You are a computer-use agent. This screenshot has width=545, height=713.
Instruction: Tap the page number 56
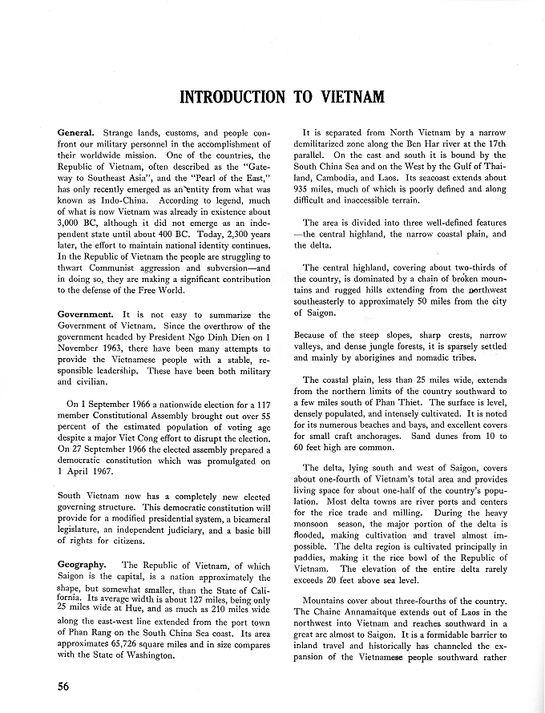click(x=67, y=686)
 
